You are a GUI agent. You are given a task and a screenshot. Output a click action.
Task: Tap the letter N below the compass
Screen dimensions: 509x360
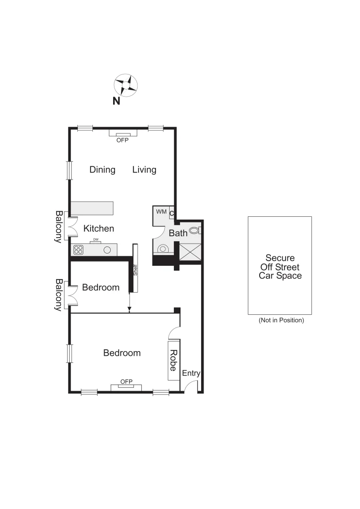pos(116,100)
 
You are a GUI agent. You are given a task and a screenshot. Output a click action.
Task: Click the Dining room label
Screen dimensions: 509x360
pos(102,170)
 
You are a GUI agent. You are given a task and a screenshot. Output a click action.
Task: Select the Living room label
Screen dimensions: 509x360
pos(144,170)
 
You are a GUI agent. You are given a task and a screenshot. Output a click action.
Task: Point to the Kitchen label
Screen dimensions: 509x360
pos(99,229)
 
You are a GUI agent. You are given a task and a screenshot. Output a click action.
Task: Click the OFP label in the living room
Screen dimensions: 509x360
pos(123,140)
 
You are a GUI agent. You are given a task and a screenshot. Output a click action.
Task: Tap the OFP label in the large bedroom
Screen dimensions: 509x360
pos(126,382)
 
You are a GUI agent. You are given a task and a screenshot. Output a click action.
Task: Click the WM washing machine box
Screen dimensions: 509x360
pos(161,212)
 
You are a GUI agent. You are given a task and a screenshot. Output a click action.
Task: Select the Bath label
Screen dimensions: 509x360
pos(178,233)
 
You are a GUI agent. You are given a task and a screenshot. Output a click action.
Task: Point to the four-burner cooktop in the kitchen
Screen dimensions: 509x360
pos(78,250)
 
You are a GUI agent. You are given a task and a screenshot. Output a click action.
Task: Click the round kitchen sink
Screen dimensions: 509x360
pos(108,250)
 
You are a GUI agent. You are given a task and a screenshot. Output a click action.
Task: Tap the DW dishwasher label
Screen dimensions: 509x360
pos(96,239)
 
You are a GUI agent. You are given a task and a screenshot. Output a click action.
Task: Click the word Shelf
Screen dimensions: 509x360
pos(135,270)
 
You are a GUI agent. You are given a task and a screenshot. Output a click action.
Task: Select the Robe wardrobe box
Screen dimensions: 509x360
pos(173,361)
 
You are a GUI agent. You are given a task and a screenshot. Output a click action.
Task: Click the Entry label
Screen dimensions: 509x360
pos(191,373)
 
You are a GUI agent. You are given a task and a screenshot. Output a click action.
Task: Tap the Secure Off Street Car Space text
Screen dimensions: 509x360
pos(280,267)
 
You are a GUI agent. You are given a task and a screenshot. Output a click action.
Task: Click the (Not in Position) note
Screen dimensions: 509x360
pos(281,320)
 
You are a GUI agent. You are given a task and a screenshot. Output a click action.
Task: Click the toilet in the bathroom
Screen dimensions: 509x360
pos(194,231)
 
